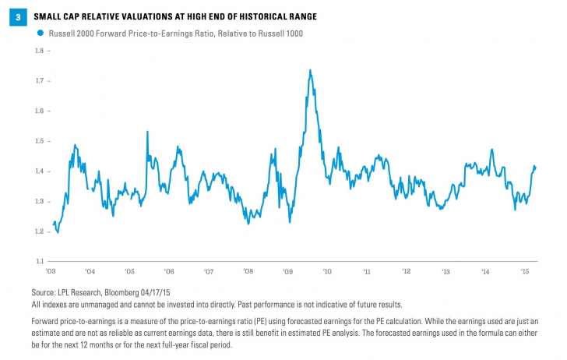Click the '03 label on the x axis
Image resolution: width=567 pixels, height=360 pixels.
[x=51, y=272]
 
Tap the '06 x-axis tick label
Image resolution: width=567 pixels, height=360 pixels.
[x=169, y=272]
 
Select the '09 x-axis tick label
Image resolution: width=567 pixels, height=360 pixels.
[x=287, y=272]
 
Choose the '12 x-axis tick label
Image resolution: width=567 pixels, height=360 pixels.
[x=406, y=272]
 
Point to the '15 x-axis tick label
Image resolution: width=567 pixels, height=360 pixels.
[x=525, y=272]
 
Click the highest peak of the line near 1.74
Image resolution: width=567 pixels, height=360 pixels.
[x=311, y=70]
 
